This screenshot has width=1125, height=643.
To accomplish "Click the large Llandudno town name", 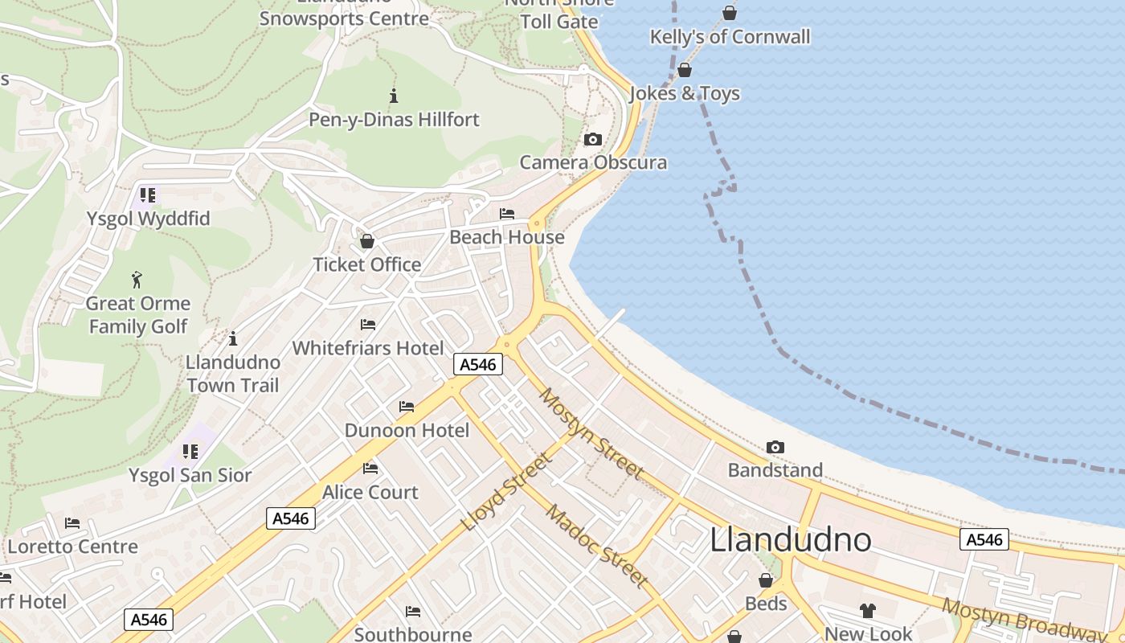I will (790, 539).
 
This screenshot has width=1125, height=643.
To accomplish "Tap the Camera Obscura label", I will (593, 162).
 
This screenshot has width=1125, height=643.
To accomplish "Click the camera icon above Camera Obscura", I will (593, 140).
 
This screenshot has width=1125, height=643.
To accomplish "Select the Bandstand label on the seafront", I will (775, 470).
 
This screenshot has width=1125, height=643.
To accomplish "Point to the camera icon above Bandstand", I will (775, 447).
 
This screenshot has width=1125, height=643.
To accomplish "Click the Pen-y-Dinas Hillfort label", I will (394, 120).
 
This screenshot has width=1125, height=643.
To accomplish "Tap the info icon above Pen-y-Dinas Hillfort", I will (394, 96).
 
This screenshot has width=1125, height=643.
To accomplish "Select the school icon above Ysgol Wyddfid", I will (147, 195).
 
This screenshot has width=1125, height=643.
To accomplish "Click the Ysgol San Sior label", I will (190, 475).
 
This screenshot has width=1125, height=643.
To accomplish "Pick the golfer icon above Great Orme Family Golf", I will (137, 281).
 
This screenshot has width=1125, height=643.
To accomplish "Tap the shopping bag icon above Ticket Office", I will (367, 241).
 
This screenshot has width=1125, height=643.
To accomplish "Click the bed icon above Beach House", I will (507, 214).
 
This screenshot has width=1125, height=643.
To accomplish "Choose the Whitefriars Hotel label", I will (367, 348).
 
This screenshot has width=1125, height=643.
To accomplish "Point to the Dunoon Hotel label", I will (407, 430).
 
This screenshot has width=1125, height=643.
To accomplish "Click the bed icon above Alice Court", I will (370, 469).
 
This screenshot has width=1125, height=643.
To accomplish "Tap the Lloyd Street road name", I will (507, 492).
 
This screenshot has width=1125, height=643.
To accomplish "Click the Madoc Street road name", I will (596, 545).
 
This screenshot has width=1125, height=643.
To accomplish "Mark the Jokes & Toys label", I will (684, 93).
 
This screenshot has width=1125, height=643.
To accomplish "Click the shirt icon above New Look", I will (868, 611).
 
